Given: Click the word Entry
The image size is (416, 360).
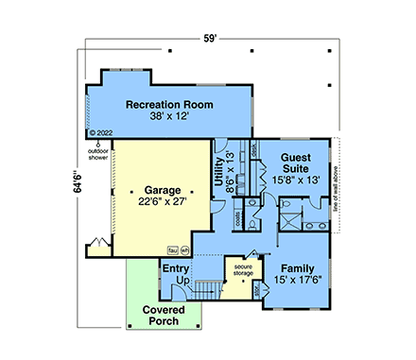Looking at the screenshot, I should [x=177, y=269].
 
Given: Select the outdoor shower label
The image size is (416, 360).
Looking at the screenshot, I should [x=98, y=153].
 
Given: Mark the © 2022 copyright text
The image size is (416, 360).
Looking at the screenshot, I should [x=100, y=133].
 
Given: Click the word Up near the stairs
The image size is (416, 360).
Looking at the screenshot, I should [x=183, y=282].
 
